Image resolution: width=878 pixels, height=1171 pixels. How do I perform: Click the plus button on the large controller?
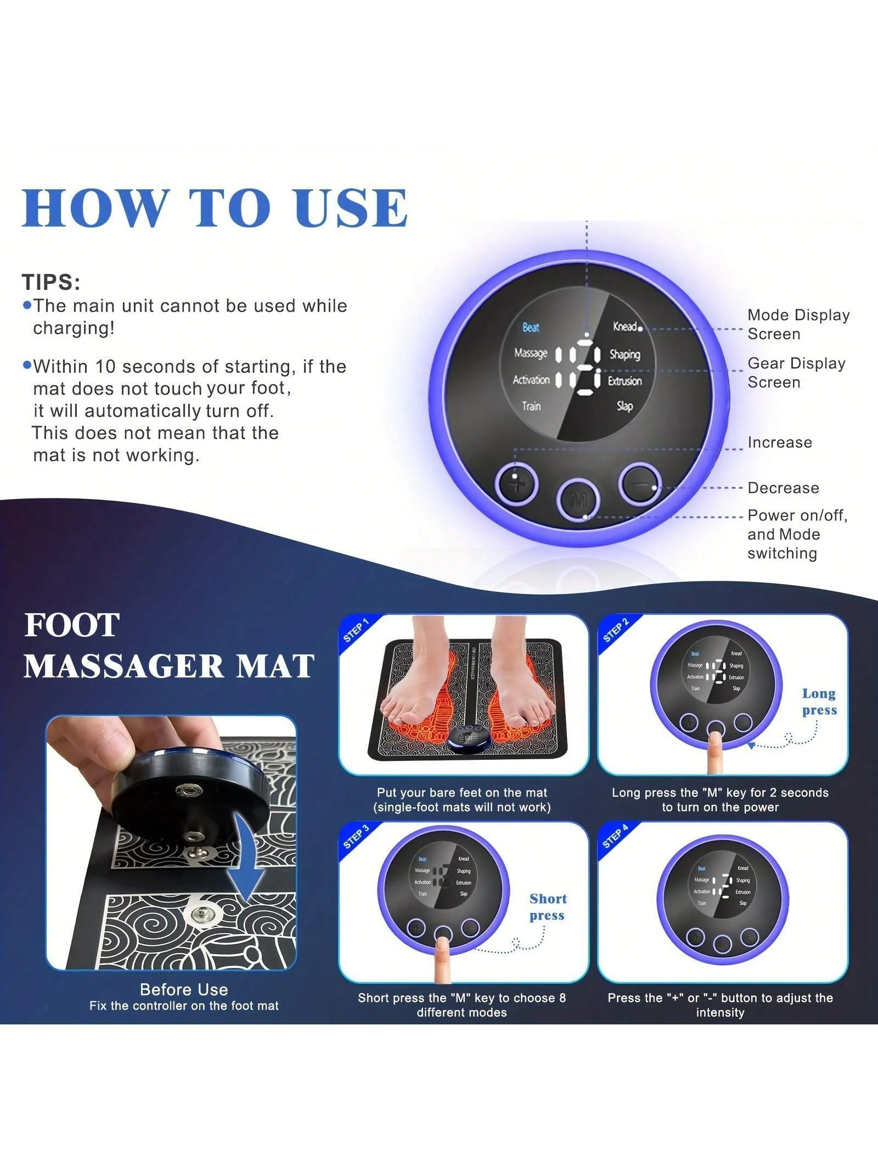[516, 484]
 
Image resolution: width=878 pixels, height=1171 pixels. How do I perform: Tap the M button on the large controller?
[578, 500]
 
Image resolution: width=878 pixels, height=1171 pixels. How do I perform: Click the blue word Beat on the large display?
[531, 328]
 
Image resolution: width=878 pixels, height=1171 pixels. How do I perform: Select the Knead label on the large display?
[625, 327]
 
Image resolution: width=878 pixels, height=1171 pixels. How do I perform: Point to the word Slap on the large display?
[624, 406]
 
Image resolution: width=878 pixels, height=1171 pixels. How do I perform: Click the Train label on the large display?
[531, 406]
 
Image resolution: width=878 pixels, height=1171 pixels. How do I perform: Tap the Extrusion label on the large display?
[624, 380]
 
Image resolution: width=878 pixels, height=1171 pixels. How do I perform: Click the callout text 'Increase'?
[780, 442]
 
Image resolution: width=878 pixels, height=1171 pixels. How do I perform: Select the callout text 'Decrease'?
[783, 488]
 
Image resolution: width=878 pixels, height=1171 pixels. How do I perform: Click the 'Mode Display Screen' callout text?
[798, 324]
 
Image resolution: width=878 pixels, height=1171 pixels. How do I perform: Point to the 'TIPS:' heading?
[51, 282]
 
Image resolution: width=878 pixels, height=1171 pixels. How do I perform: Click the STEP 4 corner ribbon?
[615, 837]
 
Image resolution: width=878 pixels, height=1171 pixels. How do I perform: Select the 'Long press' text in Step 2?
[819, 702]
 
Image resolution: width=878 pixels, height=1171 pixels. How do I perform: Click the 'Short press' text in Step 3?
[548, 907]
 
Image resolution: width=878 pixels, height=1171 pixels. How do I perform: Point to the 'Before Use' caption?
[184, 989]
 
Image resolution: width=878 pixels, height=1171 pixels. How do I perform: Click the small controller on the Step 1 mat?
[469, 738]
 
